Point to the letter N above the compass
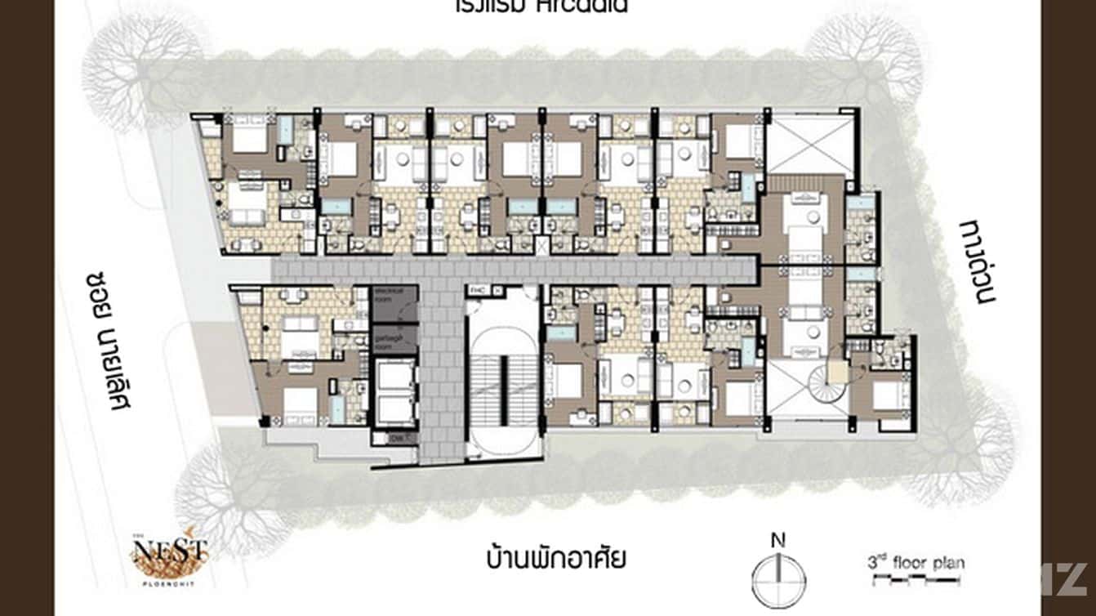[778, 540]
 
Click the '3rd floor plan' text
[916, 563]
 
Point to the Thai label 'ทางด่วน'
[978, 260]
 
